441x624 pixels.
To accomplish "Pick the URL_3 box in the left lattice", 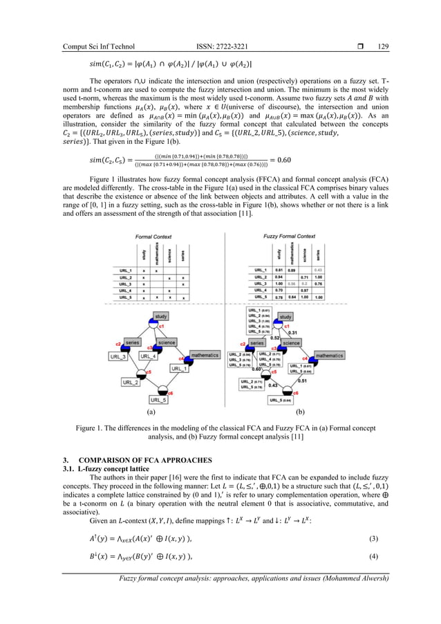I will (117, 356).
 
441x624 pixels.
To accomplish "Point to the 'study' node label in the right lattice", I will (285, 318).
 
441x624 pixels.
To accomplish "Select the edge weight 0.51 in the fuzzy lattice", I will (302, 380).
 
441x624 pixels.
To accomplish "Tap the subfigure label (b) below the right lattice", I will (300, 412).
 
